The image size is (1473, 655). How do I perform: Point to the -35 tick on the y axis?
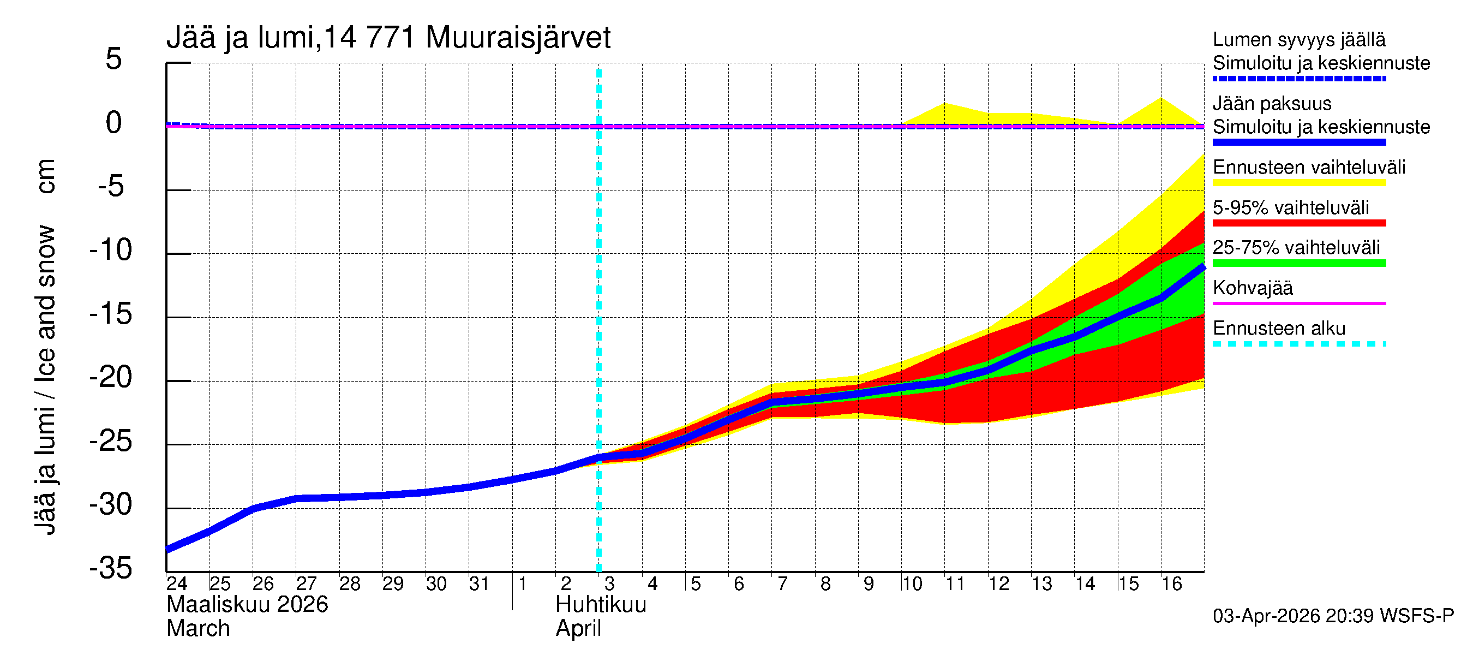pyautogui.click(x=111, y=568)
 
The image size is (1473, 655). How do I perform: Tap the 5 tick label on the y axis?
pyautogui.click(x=114, y=59)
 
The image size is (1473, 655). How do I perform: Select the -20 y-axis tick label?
pyautogui.click(x=111, y=378)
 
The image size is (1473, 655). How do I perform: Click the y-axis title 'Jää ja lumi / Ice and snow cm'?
pyautogui.click(x=45, y=347)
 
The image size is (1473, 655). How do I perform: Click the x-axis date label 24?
pyautogui.click(x=177, y=583)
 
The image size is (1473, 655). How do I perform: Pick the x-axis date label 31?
pyautogui.click(x=479, y=583)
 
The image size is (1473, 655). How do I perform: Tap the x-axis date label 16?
pyautogui.click(x=1171, y=583)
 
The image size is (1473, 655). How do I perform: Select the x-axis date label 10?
pyautogui.click(x=912, y=583)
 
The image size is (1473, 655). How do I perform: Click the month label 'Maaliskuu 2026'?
pyautogui.click(x=247, y=605)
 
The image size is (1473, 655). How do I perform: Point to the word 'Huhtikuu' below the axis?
pyautogui.click(x=601, y=605)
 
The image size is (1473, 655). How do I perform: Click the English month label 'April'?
pyautogui.click(x=578, y=629)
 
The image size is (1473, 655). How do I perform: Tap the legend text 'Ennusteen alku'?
pyautogui.click(x=1279, y=329)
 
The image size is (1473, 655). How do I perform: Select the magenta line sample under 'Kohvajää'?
pyautogui.click(x=1298, y=303)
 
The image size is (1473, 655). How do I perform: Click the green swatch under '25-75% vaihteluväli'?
pyautogui.click(x=1298, y=263)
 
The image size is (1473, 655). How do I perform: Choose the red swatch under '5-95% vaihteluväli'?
pyautogui.click(x=1298, y=223)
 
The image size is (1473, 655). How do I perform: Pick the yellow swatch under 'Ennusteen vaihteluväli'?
pyautogui.click(x=1298, y=183)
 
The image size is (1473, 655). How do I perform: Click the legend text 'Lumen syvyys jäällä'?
pyautogui.click(x=1298, y=39)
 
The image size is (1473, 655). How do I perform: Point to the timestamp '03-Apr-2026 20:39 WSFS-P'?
pyautogui.click(x=1333, y=616)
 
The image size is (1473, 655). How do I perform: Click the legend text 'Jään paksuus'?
pyautogui.click(x=1272, y=104)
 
